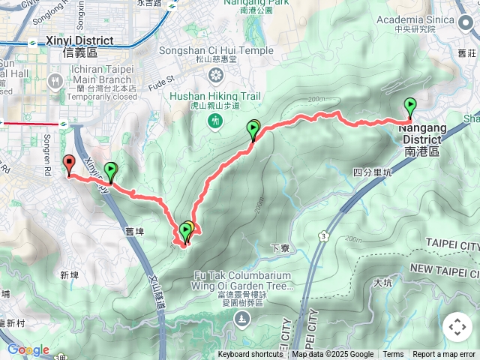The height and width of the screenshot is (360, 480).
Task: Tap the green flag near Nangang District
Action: [x=410, y=107]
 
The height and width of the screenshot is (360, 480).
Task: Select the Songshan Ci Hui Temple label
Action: [x=216, y=50]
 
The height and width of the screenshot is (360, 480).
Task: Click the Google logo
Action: [x=28, y=349]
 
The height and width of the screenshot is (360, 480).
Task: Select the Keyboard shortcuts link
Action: [x=250, y=355]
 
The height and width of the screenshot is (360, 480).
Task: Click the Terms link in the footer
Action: [x=393, y=355]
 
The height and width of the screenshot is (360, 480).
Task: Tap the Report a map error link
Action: [x=445, y=355]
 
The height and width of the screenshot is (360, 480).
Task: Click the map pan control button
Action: [x=457, y=327]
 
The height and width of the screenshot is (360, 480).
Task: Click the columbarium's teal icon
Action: [x=242, y=320]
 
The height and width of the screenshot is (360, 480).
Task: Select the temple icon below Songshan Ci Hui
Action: [x=216, y=74]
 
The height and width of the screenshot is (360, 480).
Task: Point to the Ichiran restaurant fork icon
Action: [x=55, y=80]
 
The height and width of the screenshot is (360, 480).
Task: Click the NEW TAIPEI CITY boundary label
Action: [x=444, y=268]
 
